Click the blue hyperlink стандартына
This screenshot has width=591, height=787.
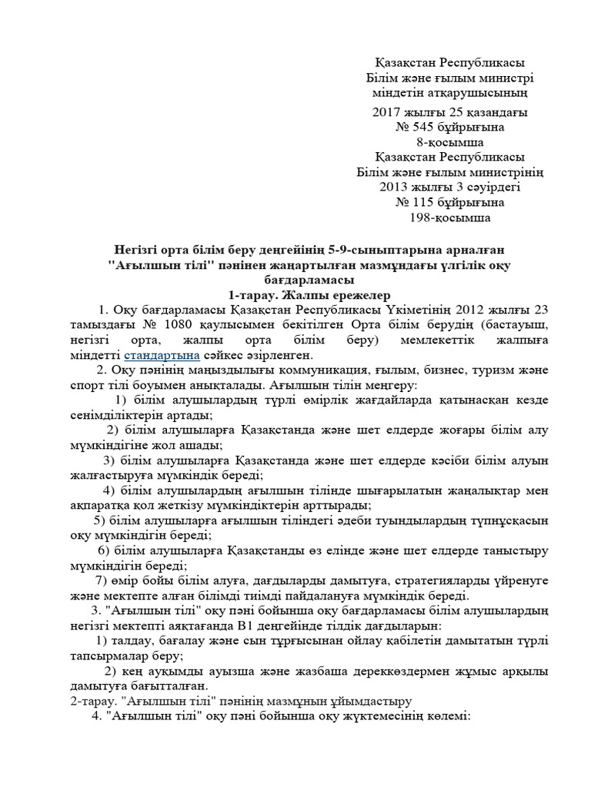tap(162, 355)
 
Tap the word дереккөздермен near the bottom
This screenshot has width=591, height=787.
tap(396, 671)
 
